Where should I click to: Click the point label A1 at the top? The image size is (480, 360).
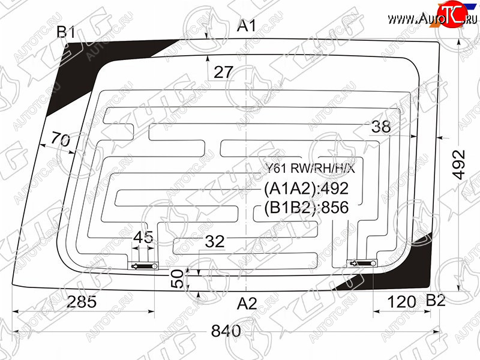point(247,26)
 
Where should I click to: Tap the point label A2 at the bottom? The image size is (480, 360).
point(247,304)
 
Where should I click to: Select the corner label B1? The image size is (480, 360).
point(65,33)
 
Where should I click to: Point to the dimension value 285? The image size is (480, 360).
point(81,302)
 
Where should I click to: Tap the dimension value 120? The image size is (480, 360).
point(401,302)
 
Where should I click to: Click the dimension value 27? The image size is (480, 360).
point(223,73)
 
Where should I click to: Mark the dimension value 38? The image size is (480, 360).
point(380,127)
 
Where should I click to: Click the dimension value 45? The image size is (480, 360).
point(143,237)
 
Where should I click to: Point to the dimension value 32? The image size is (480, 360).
point(214,242)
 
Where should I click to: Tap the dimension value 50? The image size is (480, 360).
point(177,278)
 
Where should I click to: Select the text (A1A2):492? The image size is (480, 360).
point(306,189)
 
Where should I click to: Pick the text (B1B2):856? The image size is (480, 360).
point(306,208)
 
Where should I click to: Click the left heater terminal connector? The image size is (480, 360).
point(144,266)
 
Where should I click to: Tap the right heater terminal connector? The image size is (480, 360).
point(362,262)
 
